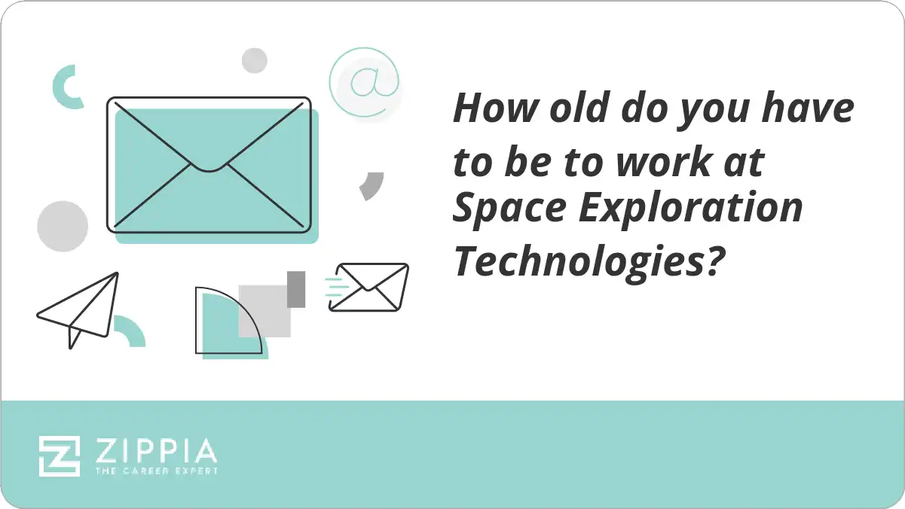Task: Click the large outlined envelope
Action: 209,163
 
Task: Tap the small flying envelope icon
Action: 369,287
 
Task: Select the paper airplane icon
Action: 78,309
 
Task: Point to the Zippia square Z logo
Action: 60,456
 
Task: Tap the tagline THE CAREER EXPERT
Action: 155,471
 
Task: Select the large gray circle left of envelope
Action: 63,226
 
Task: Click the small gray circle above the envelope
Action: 255,60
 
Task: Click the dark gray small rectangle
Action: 296,288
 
